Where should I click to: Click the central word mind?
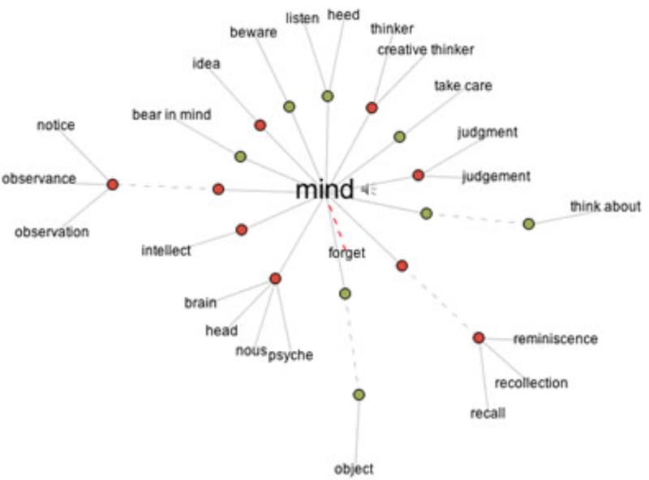click(x=324, y=191)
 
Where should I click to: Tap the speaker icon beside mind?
click(x=368, y=189)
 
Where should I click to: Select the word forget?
click(x=346, y=253)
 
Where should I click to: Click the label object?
click(x=354, y=469)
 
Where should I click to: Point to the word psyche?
click(x=290, y=355)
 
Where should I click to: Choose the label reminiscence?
click(x=555, y=338)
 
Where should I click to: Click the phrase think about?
click(x=604, y=206)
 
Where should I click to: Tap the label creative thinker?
click(x=425, y=49)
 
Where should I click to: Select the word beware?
click(x=253, y=32)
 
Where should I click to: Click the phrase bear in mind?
click(x=171, y=115)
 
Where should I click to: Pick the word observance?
click(x=38, y=178)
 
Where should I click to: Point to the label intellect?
click(x=165, y=251)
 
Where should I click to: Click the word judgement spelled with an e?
click(x=495, y=175)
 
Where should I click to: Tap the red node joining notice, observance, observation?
click(x=113, y=185)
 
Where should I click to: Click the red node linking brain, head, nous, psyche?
click(x=275, y=279)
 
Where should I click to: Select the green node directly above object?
click(x=359, y=395)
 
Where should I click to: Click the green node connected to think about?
click(x=528, y=224)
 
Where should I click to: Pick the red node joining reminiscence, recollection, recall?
click(x=479, y=337)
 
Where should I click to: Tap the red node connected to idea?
click(x=260, y=125)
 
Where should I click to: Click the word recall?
click(x=488, y=414)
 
